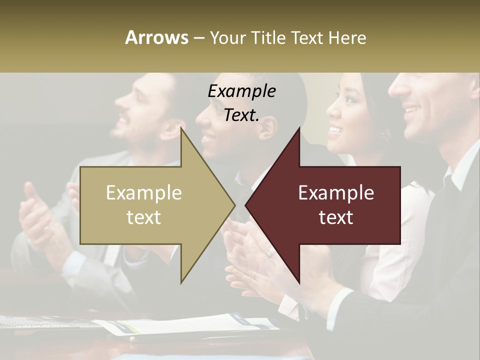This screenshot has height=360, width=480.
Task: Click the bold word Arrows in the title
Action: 156,37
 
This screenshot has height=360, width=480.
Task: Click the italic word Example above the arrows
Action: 241,91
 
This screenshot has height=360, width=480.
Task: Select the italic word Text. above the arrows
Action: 241,115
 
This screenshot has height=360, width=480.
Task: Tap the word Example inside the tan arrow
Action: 144,193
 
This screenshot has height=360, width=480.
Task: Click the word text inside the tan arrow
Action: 144,217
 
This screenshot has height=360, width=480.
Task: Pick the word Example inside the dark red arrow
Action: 336,193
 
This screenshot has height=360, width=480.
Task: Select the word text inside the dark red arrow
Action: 336,217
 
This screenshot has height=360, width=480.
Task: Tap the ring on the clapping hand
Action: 254,274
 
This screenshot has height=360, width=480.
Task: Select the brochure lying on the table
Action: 190,324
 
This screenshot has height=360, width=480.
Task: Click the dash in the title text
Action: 198,38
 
